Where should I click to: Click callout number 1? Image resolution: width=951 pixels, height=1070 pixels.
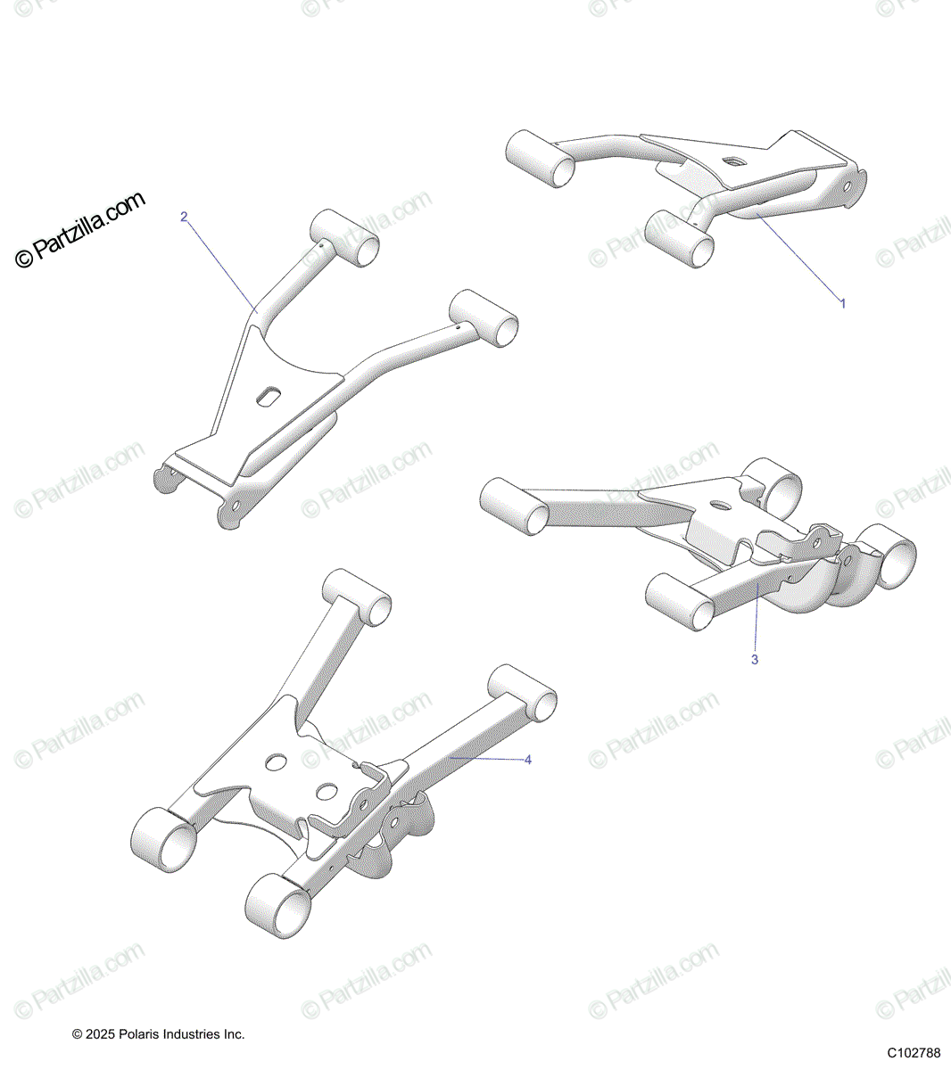[843, 304]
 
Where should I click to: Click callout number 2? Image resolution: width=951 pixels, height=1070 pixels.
[184, 217]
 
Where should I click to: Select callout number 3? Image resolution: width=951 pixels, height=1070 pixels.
[755, 660]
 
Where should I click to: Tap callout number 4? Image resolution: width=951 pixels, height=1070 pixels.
[528, 760]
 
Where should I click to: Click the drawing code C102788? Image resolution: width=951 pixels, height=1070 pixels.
[914, 1053]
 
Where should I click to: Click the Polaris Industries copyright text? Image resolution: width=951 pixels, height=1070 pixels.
[159, 1034]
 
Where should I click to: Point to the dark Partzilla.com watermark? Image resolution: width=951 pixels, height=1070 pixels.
[79, 229]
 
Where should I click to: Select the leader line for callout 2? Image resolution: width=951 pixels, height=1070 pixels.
[222, 267]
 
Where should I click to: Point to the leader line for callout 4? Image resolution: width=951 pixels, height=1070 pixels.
[486, 759]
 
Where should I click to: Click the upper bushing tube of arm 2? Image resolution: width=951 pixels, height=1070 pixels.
[344, 238]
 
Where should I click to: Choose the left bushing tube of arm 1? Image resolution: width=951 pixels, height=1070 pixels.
[540, 158]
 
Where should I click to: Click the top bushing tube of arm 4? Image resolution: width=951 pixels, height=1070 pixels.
[357, 597]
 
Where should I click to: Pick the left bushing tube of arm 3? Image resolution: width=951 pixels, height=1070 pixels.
[515, 506]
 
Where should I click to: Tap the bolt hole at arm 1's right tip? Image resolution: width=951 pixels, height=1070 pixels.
[847, 187]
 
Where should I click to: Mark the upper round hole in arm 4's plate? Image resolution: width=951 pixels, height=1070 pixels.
[276, 762]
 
